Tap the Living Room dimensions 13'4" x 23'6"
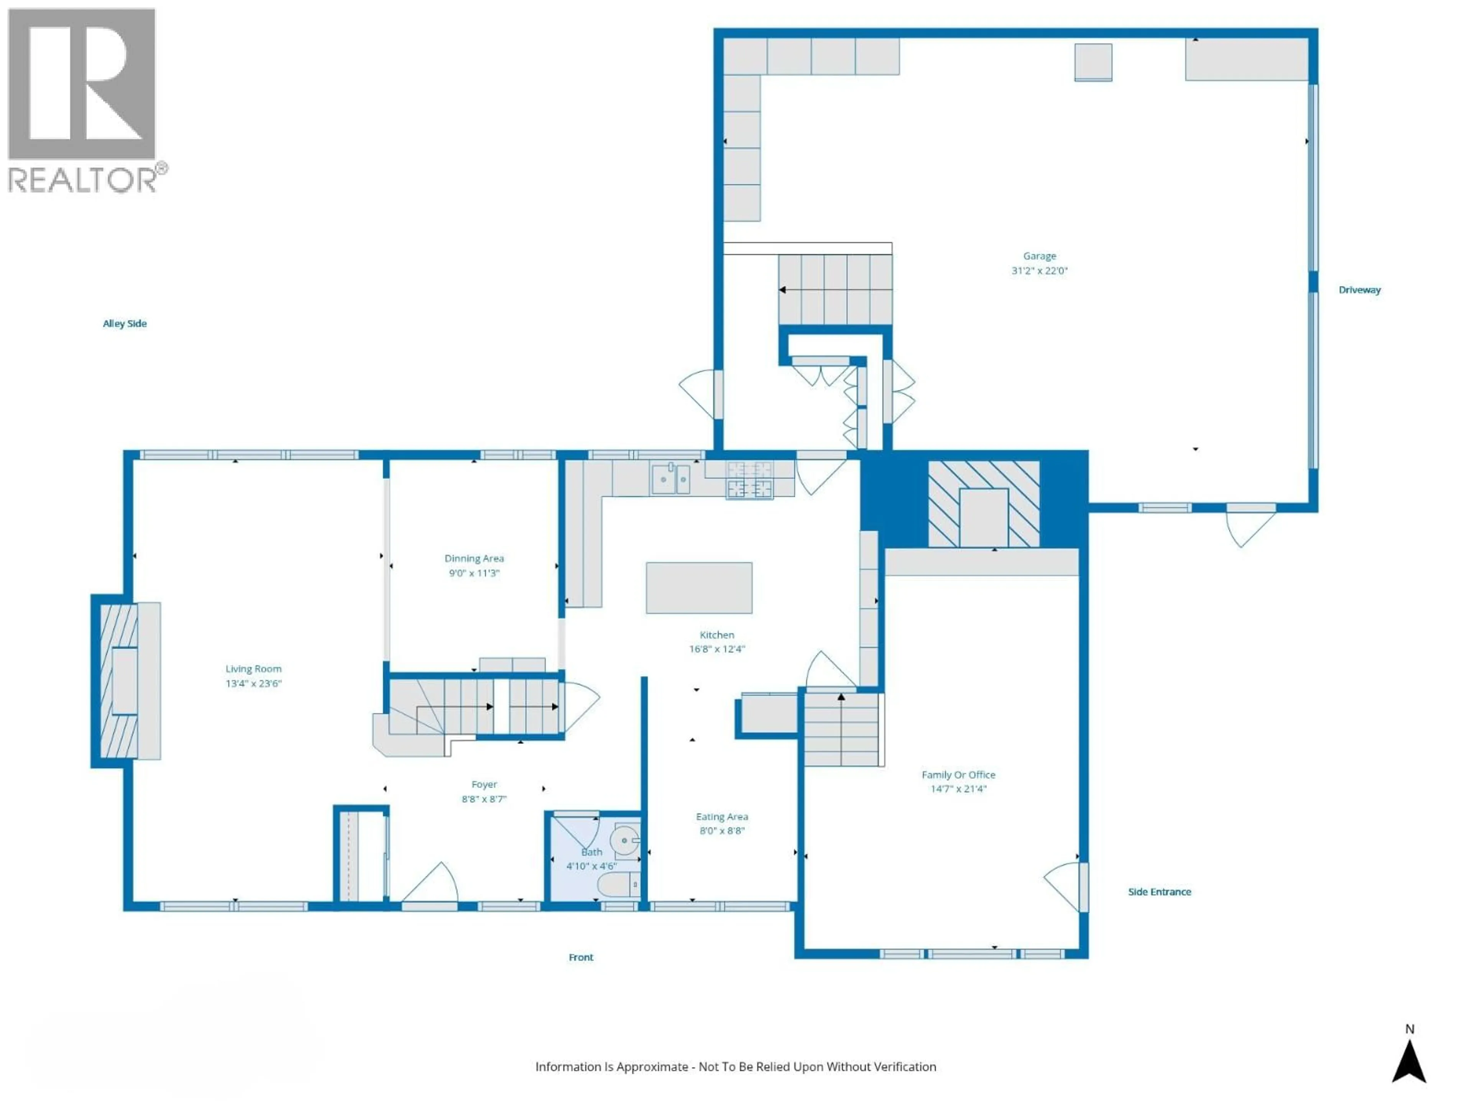click(x=253, y=683)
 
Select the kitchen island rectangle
click(x=699, y=588)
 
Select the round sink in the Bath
click(x=625, y=841)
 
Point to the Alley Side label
click(x=125, y=324)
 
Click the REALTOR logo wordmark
click(x=83, y=180)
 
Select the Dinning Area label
click(x=474, y=558)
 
